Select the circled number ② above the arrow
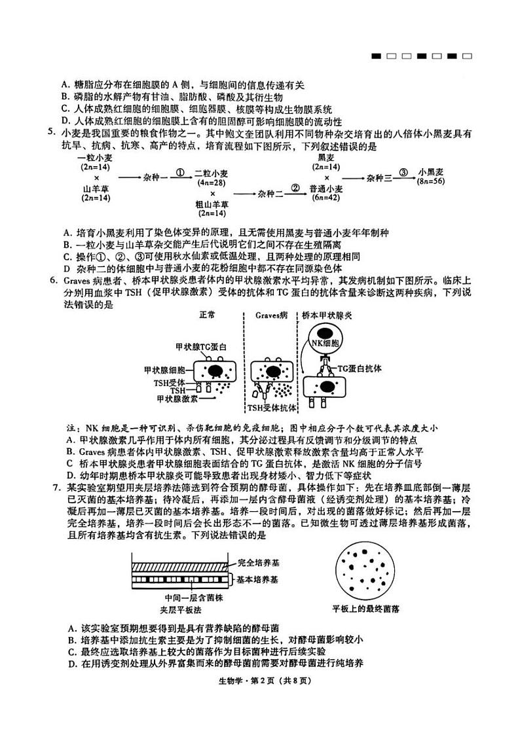(x=295, y=187)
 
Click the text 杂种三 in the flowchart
(x=379, y=177)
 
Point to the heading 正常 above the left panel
(x=207, y=315)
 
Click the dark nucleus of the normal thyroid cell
(x=216, y=371)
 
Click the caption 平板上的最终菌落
(x=366, y=609)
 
